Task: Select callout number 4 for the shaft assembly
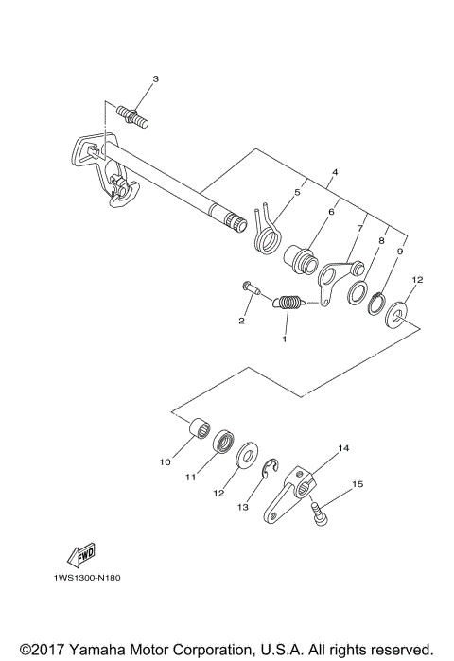[x=307, y=173]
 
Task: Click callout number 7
[x=360, y=228]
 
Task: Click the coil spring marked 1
[x=288, y=303]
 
